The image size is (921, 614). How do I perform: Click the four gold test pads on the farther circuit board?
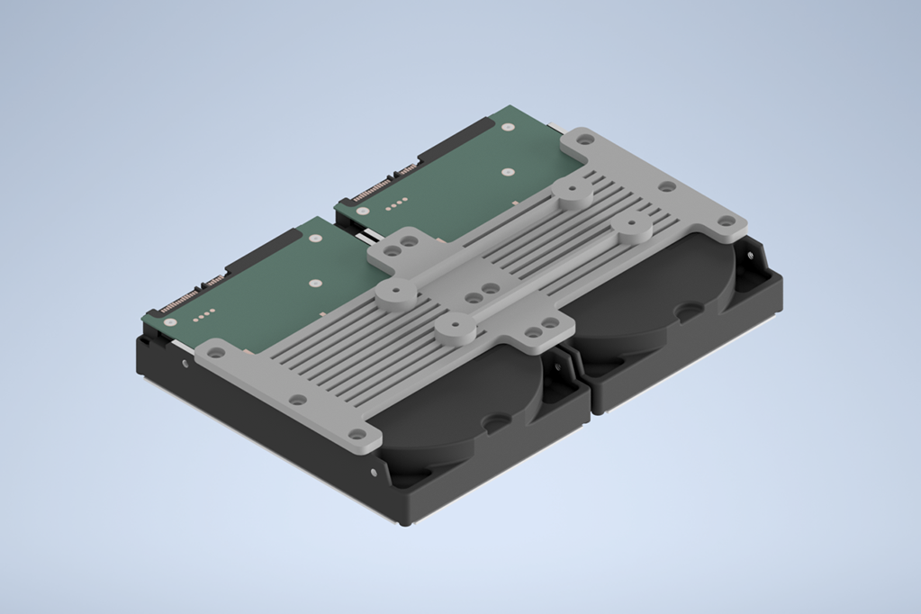tap(395, 204)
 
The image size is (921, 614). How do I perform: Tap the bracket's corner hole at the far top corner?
tap(585, 140)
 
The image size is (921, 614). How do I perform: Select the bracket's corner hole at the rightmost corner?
tap(726, 220)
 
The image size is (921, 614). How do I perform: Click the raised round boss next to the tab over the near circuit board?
tap(393, 293)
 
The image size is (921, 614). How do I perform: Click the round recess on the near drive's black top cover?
tap(495, 420)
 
